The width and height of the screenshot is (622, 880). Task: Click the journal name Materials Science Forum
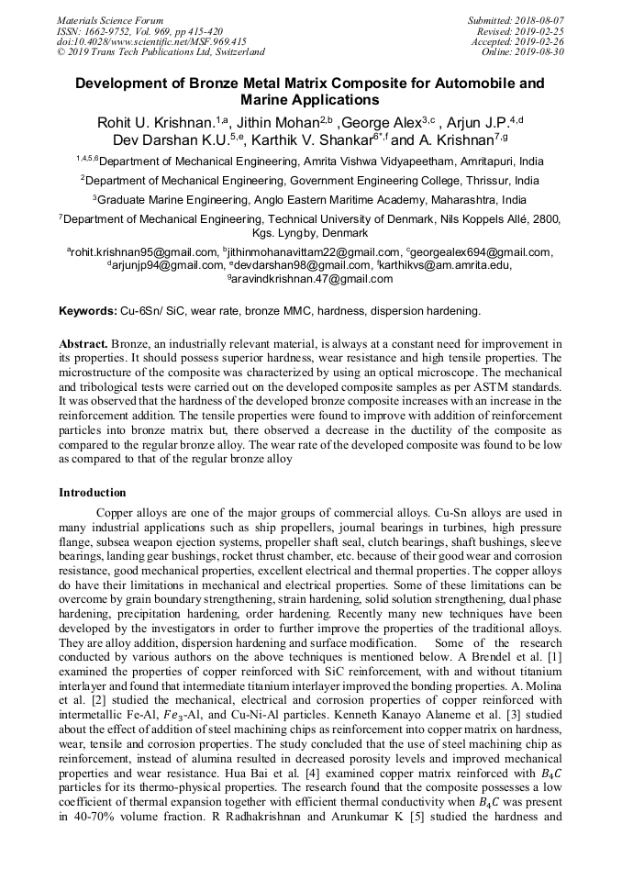tap(110, 20)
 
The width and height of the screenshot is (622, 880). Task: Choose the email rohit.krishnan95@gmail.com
tap(145, 252)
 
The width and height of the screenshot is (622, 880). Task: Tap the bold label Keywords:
tap(88, 311)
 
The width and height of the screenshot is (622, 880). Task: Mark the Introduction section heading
tap(92, 493)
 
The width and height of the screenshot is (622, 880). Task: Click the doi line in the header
tap(151, 42)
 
